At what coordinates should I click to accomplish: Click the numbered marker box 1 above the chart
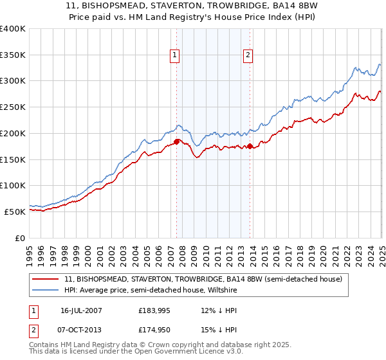[174, 56]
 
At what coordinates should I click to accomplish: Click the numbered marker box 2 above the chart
[248, 56]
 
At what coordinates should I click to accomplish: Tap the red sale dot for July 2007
[177, 141]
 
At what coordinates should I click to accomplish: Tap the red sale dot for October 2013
[250, 146]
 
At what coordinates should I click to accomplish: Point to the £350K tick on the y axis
[14, 55]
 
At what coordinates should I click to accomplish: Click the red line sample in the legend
[46, 279]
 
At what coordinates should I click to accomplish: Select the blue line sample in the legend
[46, 290]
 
